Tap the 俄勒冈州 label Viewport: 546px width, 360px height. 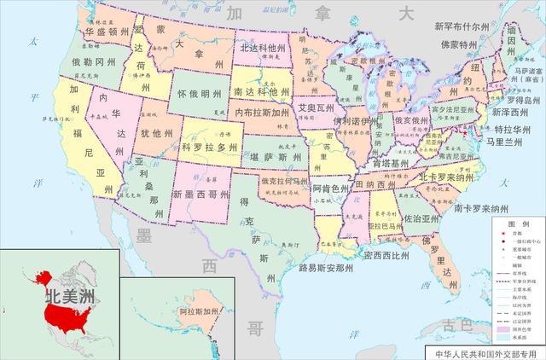click(x=93, y=62)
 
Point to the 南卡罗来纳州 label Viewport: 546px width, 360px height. click(x=488, y=208)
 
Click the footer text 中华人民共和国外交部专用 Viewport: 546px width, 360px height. click(x=485, y=351)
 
